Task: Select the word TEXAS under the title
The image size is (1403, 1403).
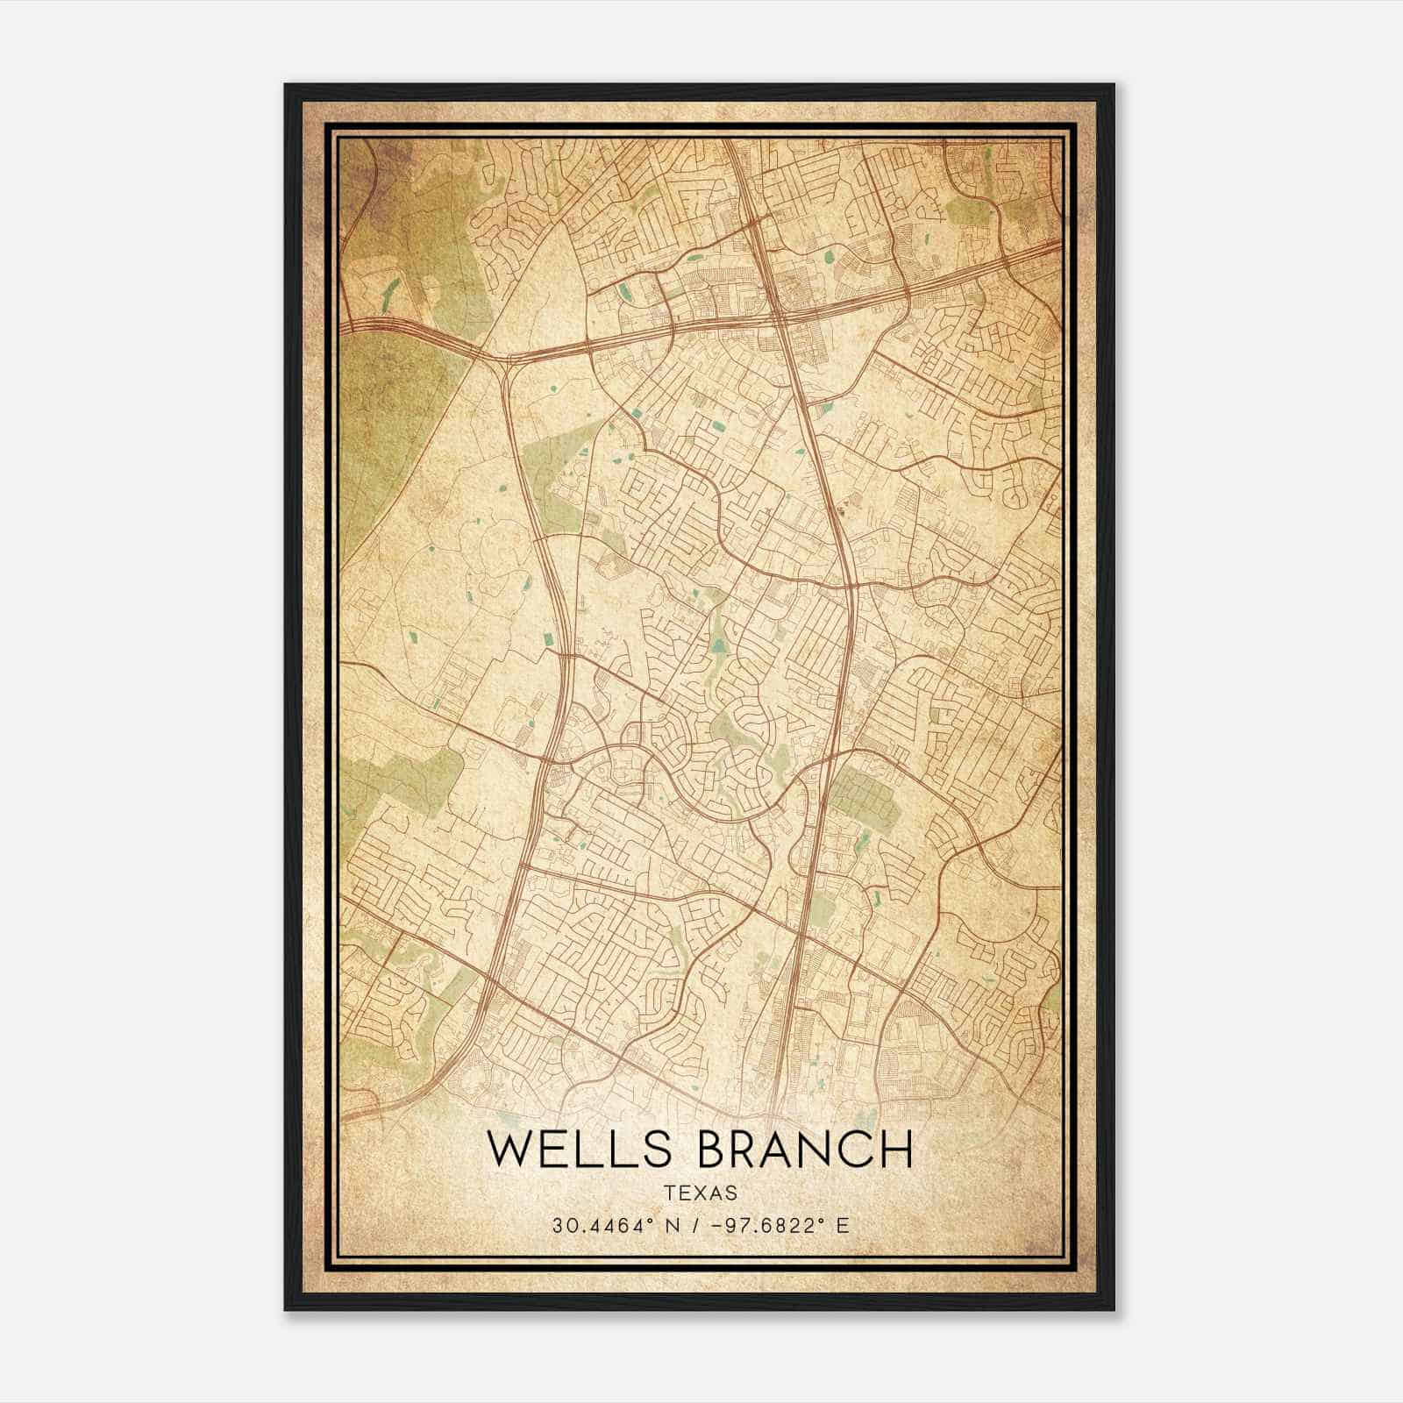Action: tap(701, 1193)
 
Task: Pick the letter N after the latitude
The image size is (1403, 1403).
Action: tap(672, 1226)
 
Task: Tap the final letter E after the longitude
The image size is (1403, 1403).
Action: tap(843, 1226)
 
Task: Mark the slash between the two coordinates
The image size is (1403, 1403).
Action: tap(695, 1226)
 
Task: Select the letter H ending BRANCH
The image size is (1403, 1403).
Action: tap(895, 1150)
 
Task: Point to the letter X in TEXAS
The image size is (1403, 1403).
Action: tap(701, 1193)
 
